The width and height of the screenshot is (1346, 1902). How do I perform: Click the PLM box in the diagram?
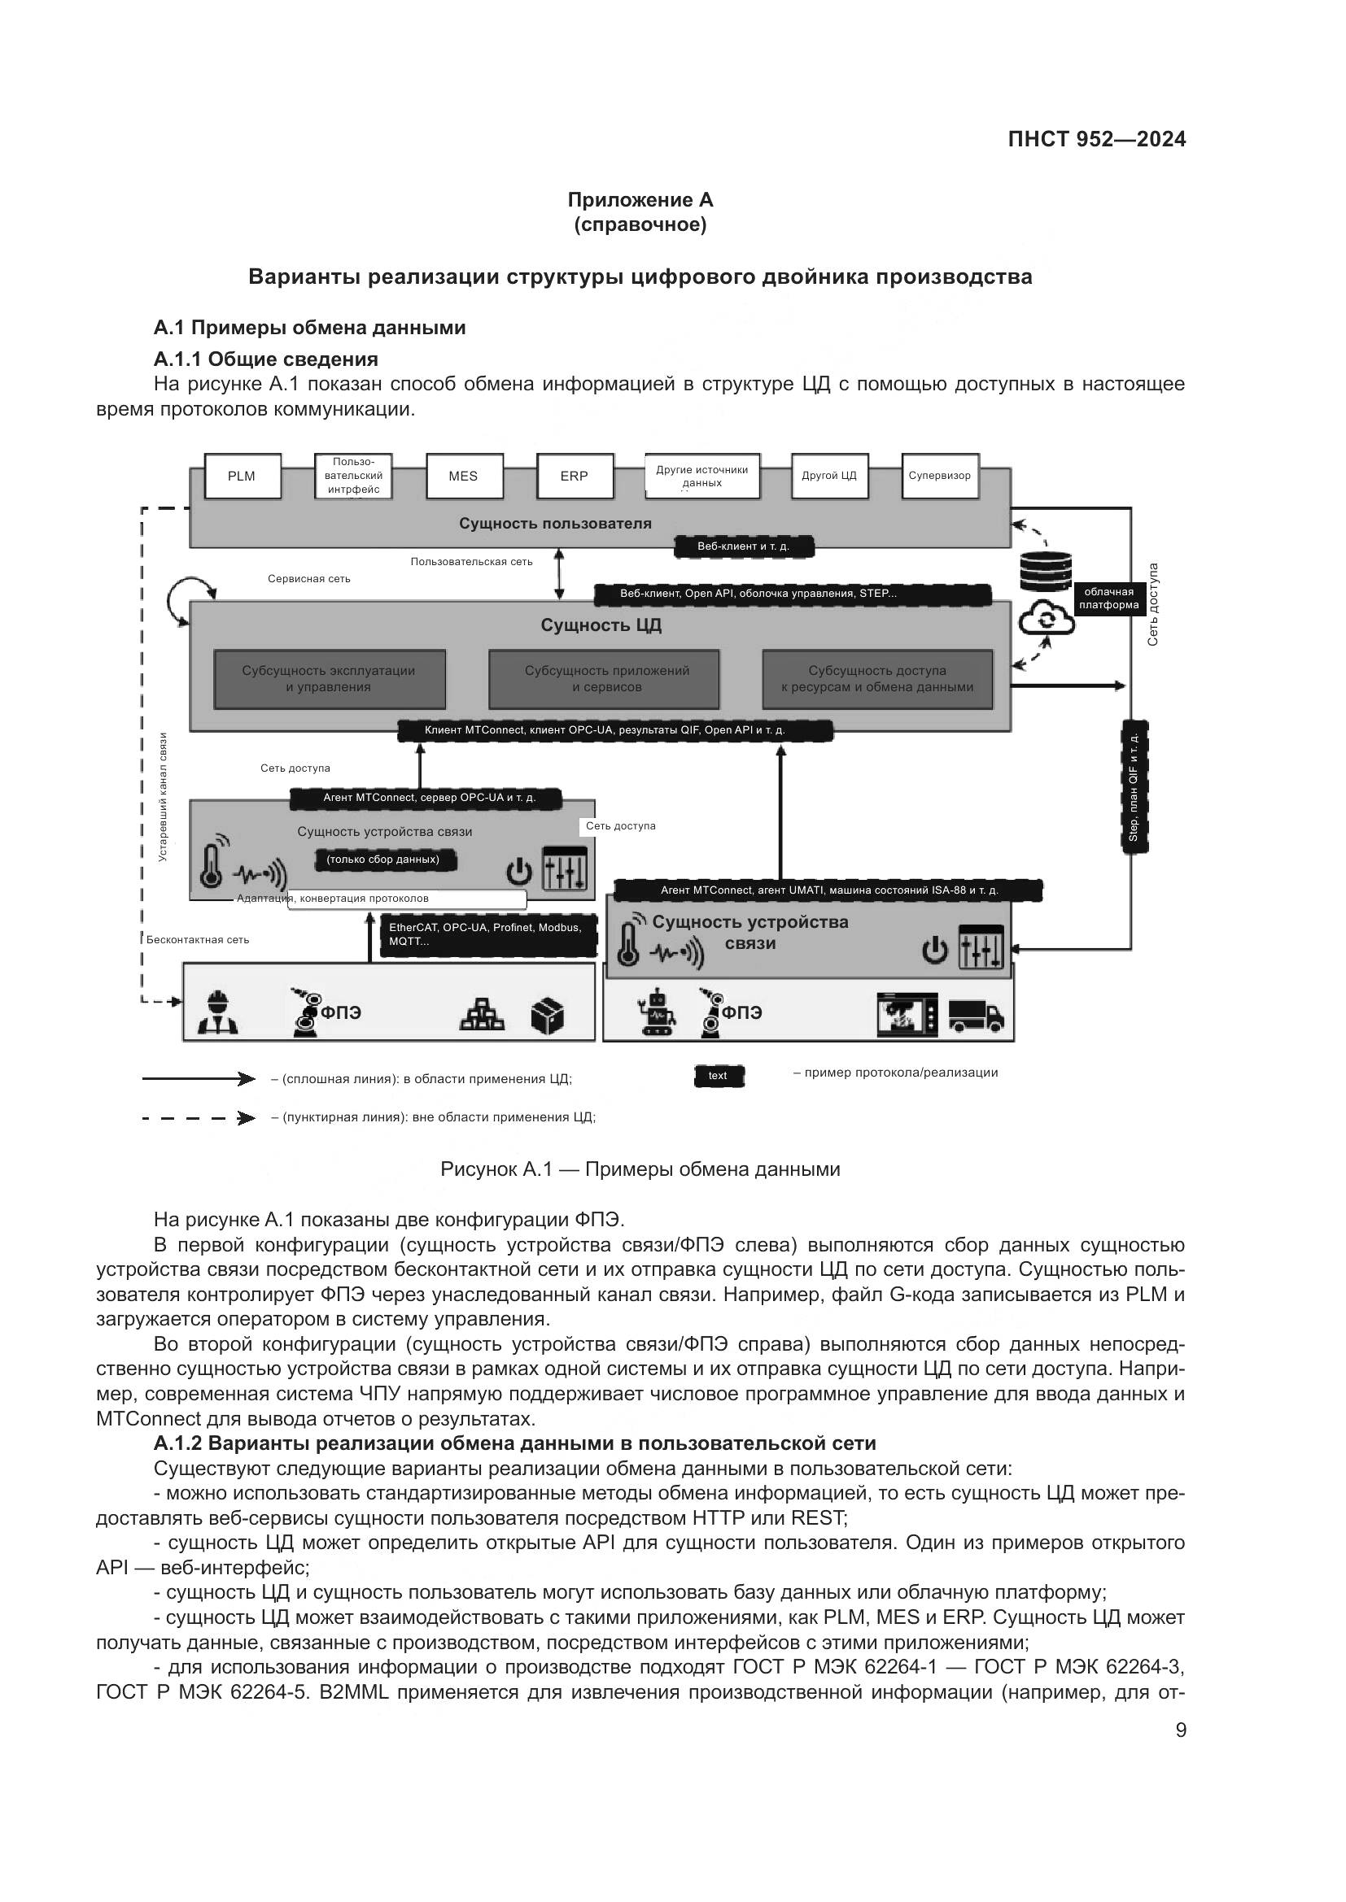242,477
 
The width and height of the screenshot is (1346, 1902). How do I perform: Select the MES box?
463,477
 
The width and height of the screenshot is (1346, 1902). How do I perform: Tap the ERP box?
574,477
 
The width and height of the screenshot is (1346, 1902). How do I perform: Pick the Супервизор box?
939,476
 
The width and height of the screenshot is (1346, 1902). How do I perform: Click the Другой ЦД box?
828,476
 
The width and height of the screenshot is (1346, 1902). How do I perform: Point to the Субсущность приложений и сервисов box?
604,679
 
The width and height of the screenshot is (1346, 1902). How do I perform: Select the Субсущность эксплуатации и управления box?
329,679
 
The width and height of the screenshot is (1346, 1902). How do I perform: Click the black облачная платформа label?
1109,598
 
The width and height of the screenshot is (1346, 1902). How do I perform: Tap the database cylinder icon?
1045,571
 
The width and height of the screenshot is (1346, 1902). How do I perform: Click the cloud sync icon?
1047,618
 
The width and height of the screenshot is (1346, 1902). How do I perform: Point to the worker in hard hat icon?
218,1012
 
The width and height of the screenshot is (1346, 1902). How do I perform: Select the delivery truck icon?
976,1015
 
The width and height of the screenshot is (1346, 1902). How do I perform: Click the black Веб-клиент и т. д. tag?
744,546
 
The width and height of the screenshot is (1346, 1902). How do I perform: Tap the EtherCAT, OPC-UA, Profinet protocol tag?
487,934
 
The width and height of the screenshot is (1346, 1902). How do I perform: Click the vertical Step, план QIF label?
1134,786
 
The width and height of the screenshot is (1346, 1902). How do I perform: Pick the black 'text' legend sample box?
718,1076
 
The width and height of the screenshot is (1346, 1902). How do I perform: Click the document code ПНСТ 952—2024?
1095,139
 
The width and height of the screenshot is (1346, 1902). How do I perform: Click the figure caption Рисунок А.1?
640,1169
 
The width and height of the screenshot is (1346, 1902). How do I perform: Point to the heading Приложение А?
640,200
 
